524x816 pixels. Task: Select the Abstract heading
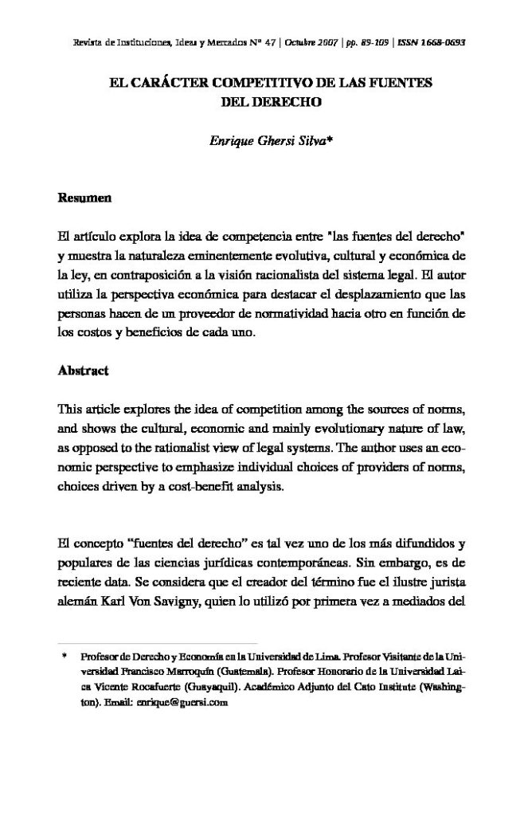click(x=84, y=371)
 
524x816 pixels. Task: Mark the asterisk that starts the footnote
click(x=63, y=658)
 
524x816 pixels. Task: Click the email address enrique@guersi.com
click(x=183, y=704)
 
